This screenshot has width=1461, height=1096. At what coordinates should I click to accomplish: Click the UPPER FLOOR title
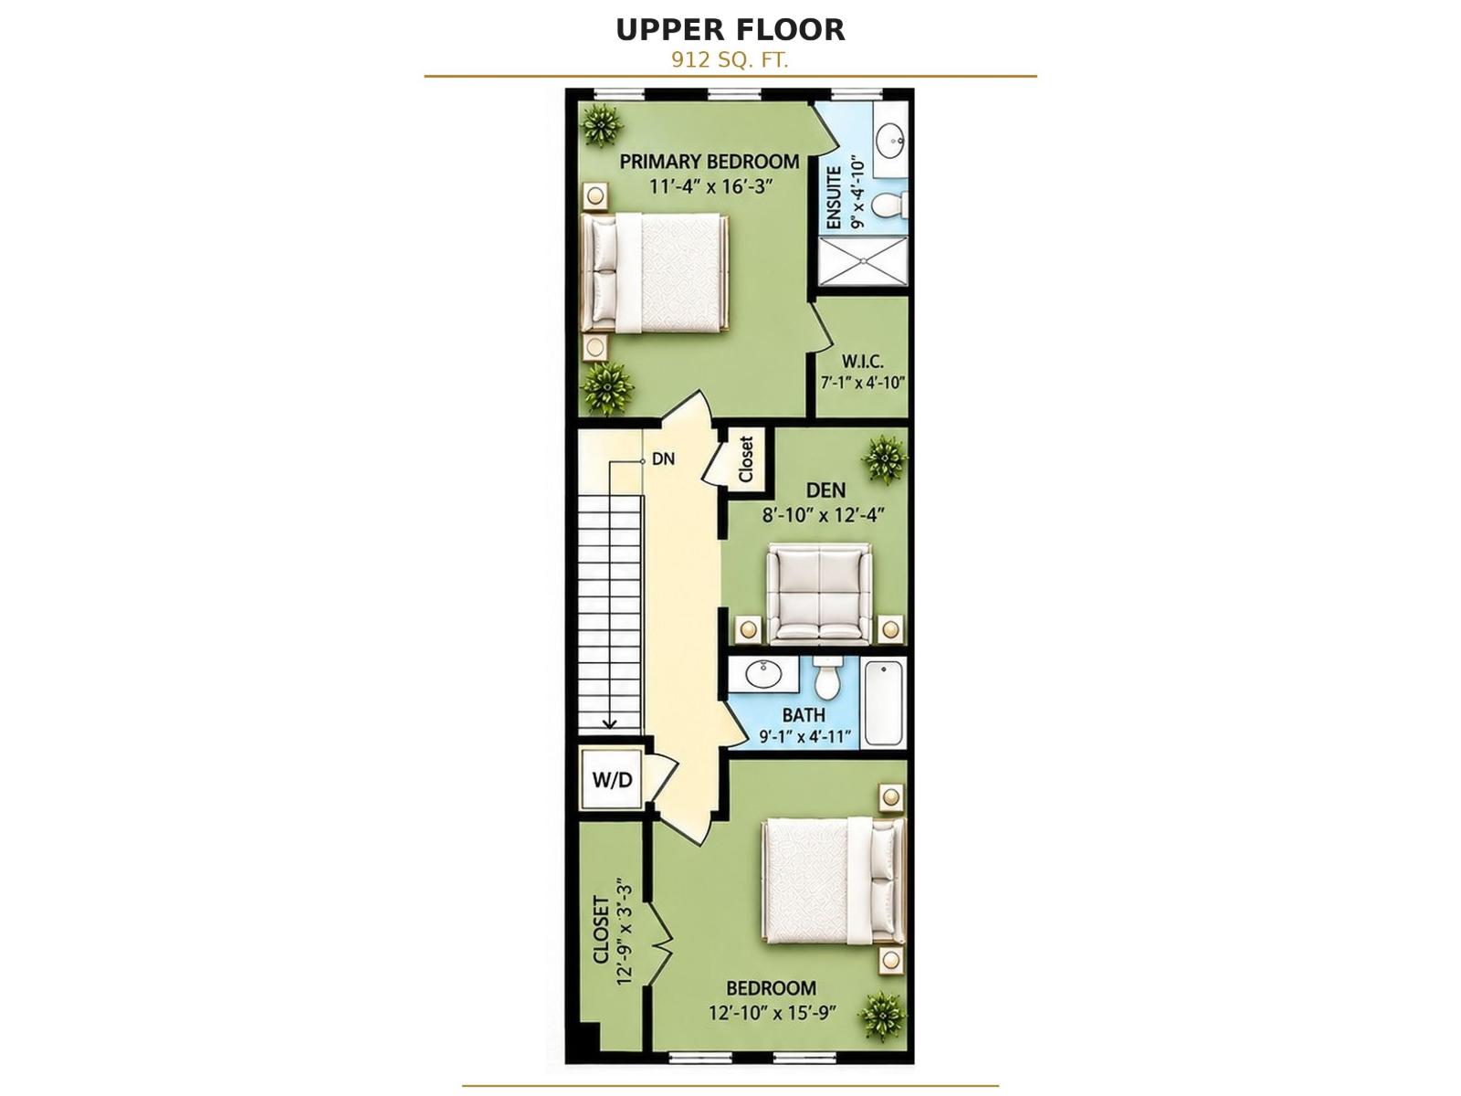coord(730,30)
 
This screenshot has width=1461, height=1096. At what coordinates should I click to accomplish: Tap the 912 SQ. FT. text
coord(730,60)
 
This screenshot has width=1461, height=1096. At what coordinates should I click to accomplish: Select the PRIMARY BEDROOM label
coord(709,162)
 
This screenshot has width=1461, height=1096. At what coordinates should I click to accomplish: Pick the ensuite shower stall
coord(862,261)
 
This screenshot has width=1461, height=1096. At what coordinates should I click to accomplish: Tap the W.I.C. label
coord(863,362)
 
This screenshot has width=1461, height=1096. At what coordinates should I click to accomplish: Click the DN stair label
coord(663,458)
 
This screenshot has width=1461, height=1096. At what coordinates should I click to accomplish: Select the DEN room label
coord(825,490)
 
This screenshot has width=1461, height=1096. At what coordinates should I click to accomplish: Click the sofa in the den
coord(819,594)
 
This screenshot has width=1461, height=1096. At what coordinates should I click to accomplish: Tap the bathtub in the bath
coord(885,702)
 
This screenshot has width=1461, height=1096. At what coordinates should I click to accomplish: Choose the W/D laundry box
coord(612,778)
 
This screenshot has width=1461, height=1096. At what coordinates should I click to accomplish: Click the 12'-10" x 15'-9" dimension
coord(773,1013)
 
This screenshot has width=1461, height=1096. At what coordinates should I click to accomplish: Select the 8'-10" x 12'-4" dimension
coord(824,515)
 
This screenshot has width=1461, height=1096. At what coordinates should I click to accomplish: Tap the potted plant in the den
coord(885,459)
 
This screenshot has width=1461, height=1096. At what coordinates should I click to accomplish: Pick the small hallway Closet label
coord(745,459)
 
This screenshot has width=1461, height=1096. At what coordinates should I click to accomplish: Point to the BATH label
coord(804,715)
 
